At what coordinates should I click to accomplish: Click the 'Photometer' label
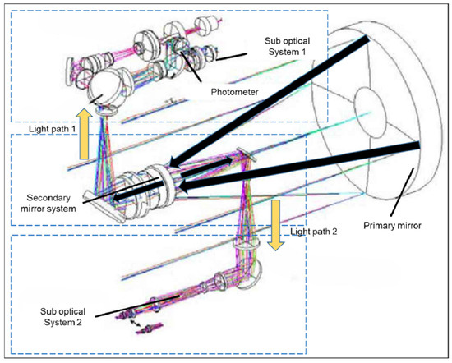(234, 92)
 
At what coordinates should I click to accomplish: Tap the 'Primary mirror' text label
(392, 225)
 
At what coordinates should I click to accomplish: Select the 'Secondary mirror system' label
(48, 203)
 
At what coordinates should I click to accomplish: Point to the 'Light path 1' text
(52, 129)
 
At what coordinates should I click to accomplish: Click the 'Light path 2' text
(313, 232)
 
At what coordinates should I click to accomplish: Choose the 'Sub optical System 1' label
(287, 46)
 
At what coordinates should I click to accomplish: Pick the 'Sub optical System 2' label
(62, 317)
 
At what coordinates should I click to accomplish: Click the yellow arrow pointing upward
(84, 134)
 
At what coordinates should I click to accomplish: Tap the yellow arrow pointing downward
(276, 225)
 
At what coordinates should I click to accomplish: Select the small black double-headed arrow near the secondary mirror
(205, 167)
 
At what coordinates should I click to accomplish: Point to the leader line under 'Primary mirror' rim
(402, 192)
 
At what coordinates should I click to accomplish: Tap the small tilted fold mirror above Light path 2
(247, 154)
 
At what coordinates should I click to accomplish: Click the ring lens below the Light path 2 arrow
(246, 244)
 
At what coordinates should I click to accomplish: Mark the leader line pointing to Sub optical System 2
(137, 306)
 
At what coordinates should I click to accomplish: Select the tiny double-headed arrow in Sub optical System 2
(135, 323)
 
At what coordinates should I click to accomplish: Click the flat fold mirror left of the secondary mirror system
(104, 207)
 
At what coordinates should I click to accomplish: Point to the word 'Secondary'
(48, 198)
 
